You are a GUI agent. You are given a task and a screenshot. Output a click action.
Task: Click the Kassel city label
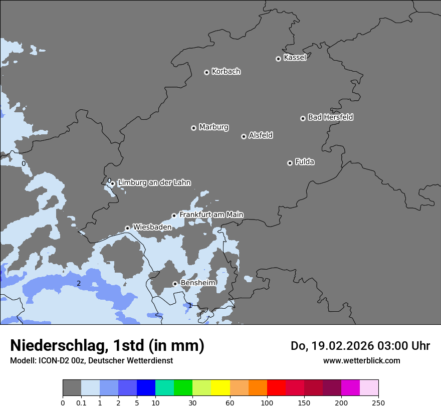295,58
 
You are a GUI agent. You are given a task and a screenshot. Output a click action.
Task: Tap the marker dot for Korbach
206,72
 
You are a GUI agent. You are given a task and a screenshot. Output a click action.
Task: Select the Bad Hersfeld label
330,117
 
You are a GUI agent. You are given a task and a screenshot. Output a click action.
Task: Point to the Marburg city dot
193,128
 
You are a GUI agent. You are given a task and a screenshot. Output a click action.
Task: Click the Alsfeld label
261,135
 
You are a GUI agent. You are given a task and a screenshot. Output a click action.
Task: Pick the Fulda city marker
290,163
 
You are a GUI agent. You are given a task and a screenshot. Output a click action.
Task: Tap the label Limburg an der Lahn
154,183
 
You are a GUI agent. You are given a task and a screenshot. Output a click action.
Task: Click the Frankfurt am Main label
211,215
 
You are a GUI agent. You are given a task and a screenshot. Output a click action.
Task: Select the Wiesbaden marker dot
127,228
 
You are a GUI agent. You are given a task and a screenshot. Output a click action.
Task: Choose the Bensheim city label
198,283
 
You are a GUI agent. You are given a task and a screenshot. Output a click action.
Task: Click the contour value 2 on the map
79,283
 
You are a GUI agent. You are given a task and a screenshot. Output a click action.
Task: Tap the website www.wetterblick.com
361,360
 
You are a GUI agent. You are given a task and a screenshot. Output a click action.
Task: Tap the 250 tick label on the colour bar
378,402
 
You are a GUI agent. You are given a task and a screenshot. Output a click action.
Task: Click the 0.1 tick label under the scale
81,402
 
